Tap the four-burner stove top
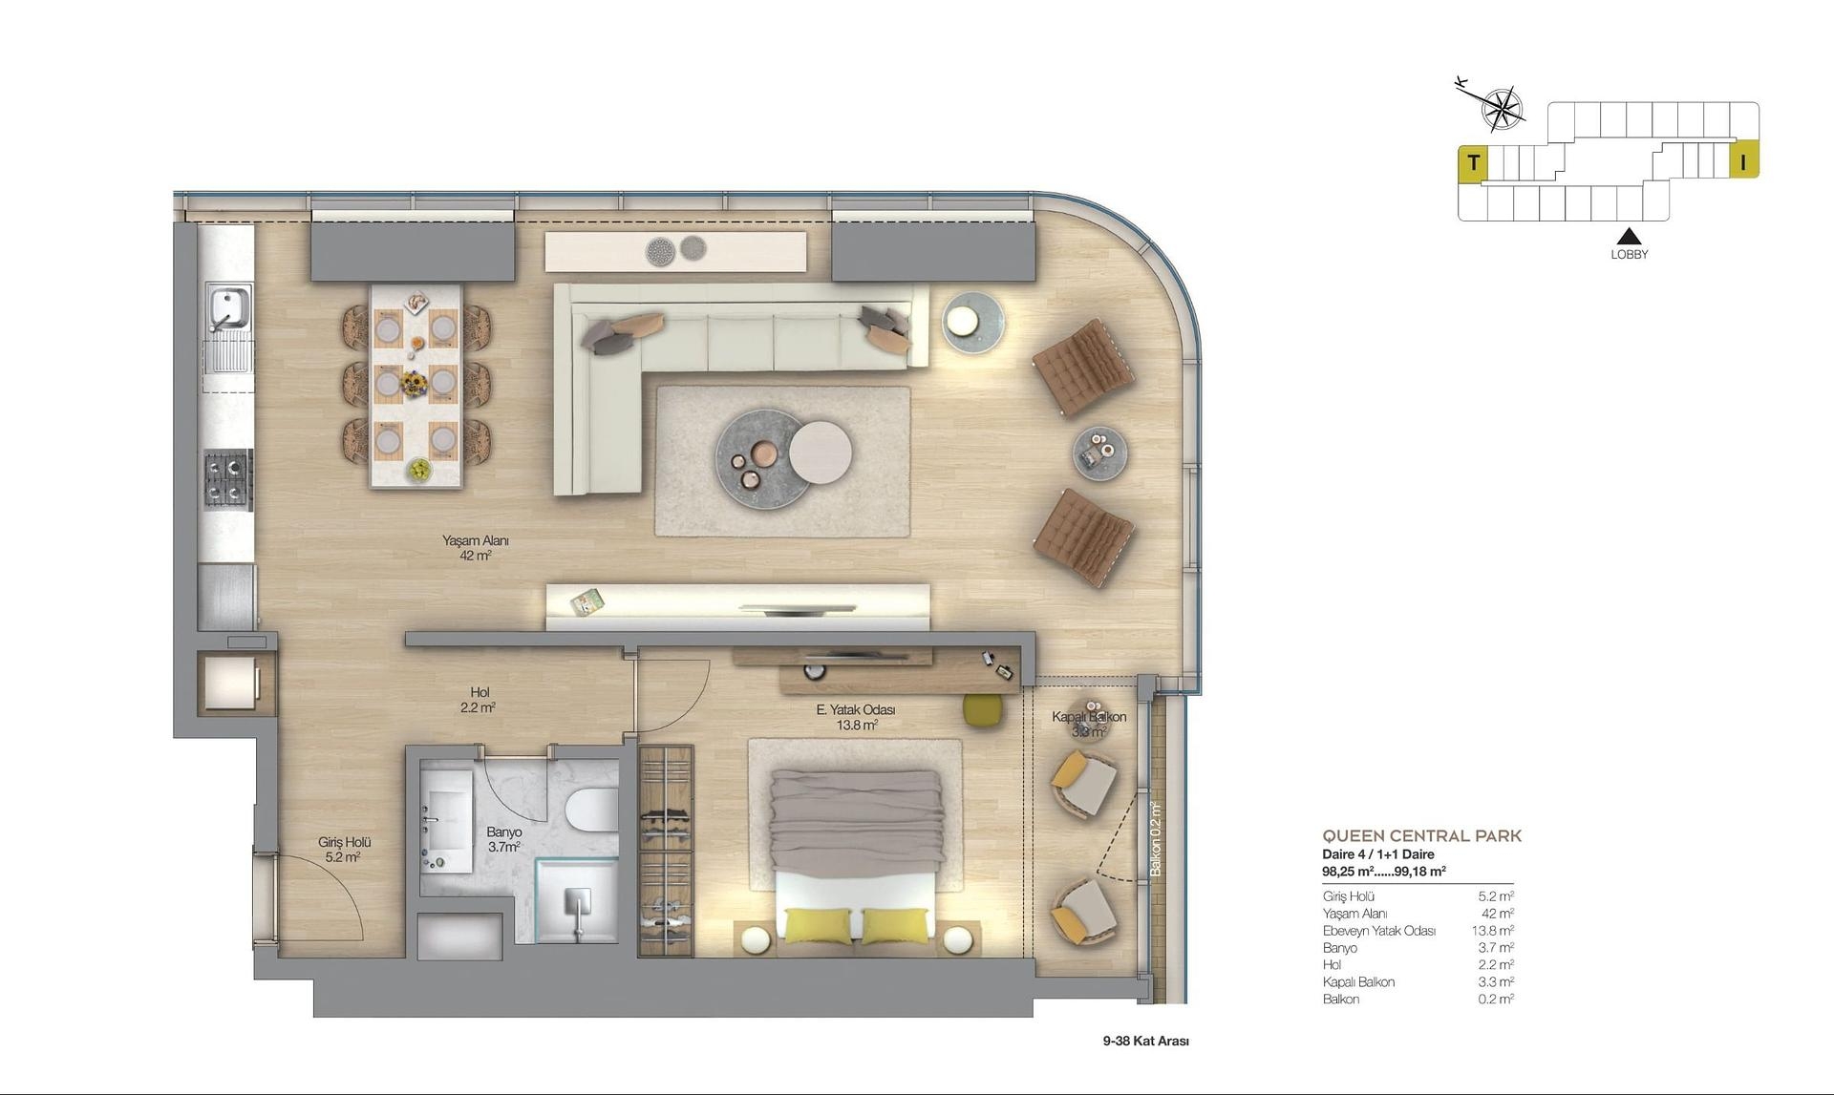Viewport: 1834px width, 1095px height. click(227, 480)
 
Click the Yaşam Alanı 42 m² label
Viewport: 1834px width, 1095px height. click(475, 547)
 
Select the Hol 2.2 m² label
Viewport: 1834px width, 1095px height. click(479, 700)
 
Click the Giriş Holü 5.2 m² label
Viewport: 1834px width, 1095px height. click(344, 850)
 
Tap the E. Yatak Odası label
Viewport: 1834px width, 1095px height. click(855, 717)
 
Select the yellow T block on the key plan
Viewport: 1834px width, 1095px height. click(1473, 163)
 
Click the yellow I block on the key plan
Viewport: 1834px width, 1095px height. click(1743, 162)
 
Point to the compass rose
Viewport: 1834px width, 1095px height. click(1501, 108)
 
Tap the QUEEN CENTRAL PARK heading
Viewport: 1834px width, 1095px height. click(1421, 836)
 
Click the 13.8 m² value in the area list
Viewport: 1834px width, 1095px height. click(1491, 931)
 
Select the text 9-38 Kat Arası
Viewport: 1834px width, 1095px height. click(1145, 1041)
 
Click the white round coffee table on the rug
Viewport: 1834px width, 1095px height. click(821, 453)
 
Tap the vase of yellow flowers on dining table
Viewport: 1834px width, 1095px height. click(414, 383)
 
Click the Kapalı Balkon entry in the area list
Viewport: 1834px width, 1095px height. click(1358, 982)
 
